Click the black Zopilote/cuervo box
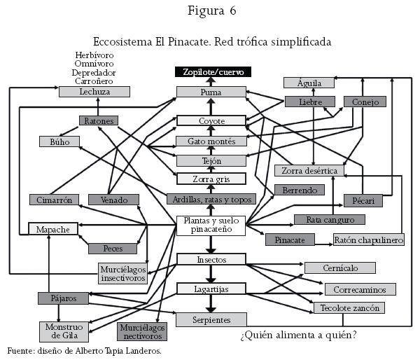[x=212, y=71]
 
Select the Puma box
[x=211, y=92]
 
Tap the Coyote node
[x=211, y=120]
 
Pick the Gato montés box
[x=211, y=141]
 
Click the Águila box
[x=309, y=83]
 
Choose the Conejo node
[x=365, y=102]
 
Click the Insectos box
[x=211, y=259]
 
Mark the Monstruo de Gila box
[x=64, y=331]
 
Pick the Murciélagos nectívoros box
[x=142, y=331]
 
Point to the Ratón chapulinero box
[x=368, y=240]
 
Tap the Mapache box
[x=52, y=228]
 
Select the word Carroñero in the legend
[x=94, y=81]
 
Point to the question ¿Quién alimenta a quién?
[x=298, y=335]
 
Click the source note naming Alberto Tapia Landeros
[x=84, y=350]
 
